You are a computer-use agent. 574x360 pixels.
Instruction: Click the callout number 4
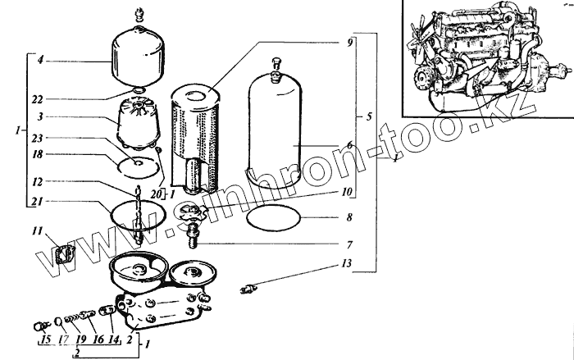tap(39, 60)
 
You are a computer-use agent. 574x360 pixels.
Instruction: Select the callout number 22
tap(39, 98)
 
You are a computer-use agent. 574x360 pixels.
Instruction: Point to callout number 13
tap(348, 264)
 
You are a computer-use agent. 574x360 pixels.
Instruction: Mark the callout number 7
tap(348, 244)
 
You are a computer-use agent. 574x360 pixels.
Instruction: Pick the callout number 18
tap(39, 153)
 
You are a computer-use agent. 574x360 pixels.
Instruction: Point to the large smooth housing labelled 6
tap(283, 139)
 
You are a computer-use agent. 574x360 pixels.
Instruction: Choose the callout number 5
tap(370, 116)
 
